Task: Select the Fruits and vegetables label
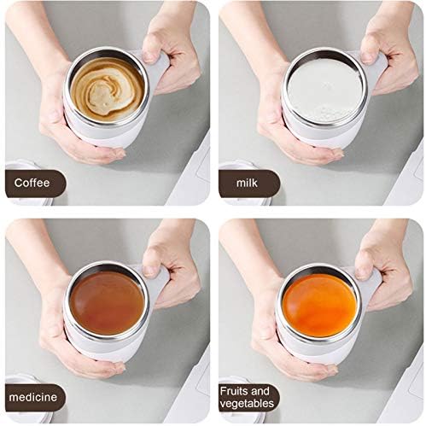click(248, 397)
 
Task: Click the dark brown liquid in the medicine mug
click(106, 301)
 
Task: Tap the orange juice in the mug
click(319, 303)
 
